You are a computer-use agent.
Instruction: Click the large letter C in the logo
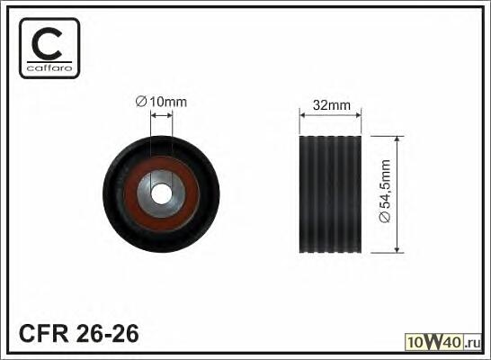click(47, 43)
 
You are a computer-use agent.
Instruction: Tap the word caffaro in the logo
click(49, 67)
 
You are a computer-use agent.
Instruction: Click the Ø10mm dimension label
click(161, 102)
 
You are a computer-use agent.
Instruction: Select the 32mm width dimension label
click(332, 105)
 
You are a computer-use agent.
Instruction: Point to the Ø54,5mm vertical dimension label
click(385, 191)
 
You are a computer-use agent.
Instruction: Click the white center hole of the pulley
click(161, 193)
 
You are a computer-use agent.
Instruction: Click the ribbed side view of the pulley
click(330, 194)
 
